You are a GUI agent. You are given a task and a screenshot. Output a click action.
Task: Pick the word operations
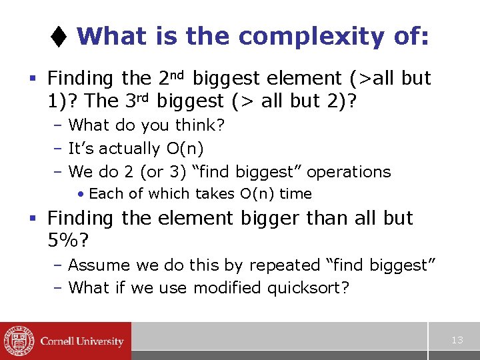(x=349, y=172)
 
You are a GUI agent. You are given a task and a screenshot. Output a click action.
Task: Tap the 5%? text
(x=67, y=241)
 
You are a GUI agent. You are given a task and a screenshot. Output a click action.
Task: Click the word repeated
(x=285, y=265)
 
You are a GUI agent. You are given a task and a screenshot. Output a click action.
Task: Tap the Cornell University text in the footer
(x=82, y=341)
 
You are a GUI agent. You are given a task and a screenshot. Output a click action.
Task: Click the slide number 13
(x=457, y=340)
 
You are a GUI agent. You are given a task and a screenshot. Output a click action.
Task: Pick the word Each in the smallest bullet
(x=103, y=194)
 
